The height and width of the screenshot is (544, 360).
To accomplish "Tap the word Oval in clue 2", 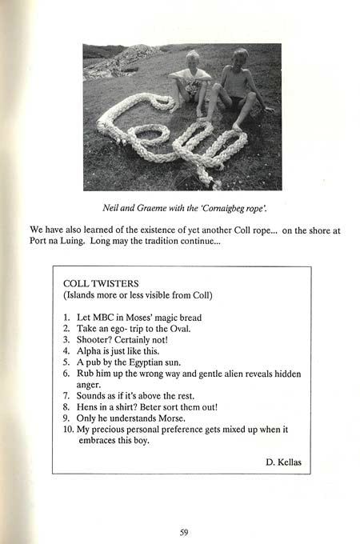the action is (180, 329).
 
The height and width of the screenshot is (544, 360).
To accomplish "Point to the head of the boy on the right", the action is (240, 56).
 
